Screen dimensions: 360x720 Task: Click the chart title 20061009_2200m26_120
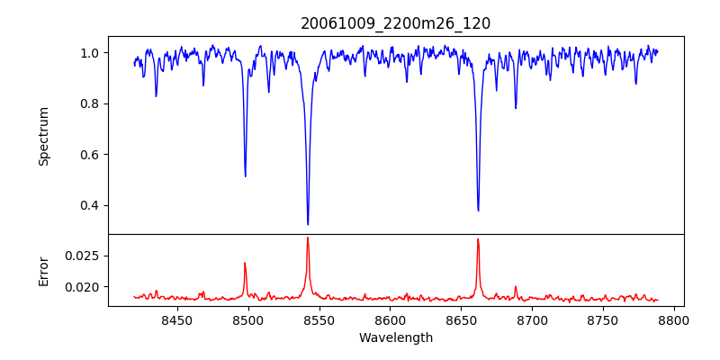click(395, 23)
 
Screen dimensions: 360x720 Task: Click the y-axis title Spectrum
click(43, 136)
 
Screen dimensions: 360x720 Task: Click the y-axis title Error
click(43, 270)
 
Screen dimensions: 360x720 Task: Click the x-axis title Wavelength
click(395, 338)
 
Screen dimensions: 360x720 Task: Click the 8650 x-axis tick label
click(461, 319)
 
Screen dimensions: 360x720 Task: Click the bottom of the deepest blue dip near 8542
click(308, 224)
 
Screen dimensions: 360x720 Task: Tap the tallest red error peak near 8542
click(308, 238)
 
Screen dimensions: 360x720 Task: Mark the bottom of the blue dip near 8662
click(478, 211)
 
